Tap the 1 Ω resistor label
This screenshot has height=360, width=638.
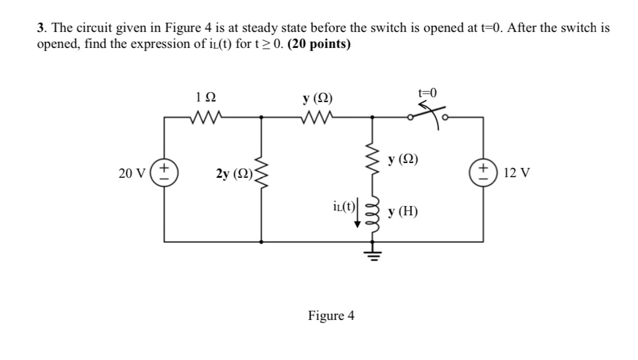(x=204, y=97)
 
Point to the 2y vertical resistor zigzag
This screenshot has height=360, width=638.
(x=262, y=174)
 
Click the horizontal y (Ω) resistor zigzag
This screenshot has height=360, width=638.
(x=317, y=116)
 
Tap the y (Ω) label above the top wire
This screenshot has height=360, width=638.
(x=317, y=97)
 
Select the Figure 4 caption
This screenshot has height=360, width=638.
(x=331, y=316)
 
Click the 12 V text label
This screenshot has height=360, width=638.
(x=516, y=173)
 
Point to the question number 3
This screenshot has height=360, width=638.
(x=40, y=28)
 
